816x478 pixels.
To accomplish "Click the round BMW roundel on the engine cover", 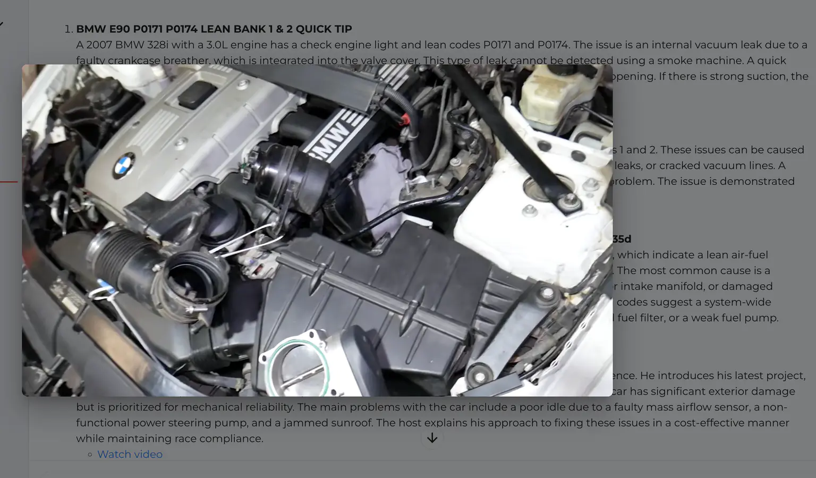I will (124, 165).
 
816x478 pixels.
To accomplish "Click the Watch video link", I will (130, 454).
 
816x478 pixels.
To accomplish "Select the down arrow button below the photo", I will (432, 438).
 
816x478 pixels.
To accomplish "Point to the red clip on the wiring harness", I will (406, 120).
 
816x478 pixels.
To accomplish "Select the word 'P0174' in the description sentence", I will (553, 45).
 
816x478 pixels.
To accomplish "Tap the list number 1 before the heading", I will (68, 29).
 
